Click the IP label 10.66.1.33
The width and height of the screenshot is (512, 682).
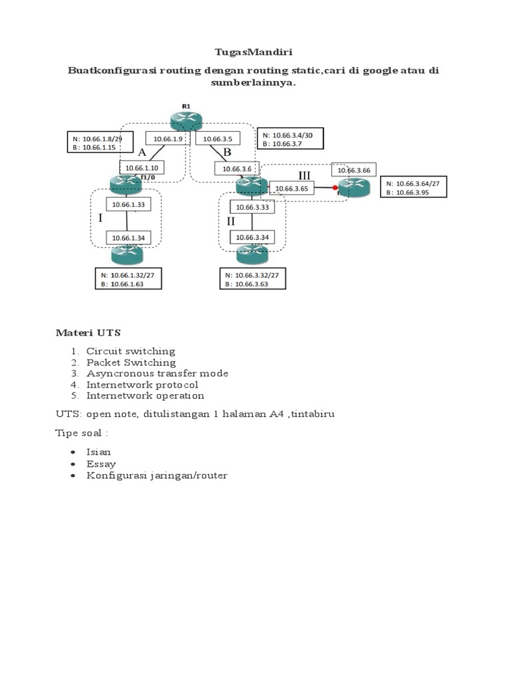[x=128, y=204]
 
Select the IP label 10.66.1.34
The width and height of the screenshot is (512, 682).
[x=128, y=238]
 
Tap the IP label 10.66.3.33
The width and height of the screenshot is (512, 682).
[x=252, y=206]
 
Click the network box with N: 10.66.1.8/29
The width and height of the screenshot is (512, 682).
[x=99, y=143]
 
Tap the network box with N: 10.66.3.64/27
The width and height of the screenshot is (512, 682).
[x=413, y=187]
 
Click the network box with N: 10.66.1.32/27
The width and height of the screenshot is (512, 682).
[x=128, y=279]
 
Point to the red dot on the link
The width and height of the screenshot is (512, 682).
[x=335, y=188]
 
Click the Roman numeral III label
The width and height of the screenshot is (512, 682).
[x=304, y=175]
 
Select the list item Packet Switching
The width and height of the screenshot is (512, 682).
[x=131, y=362]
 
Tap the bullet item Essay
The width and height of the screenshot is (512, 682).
[x=101, y=464]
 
